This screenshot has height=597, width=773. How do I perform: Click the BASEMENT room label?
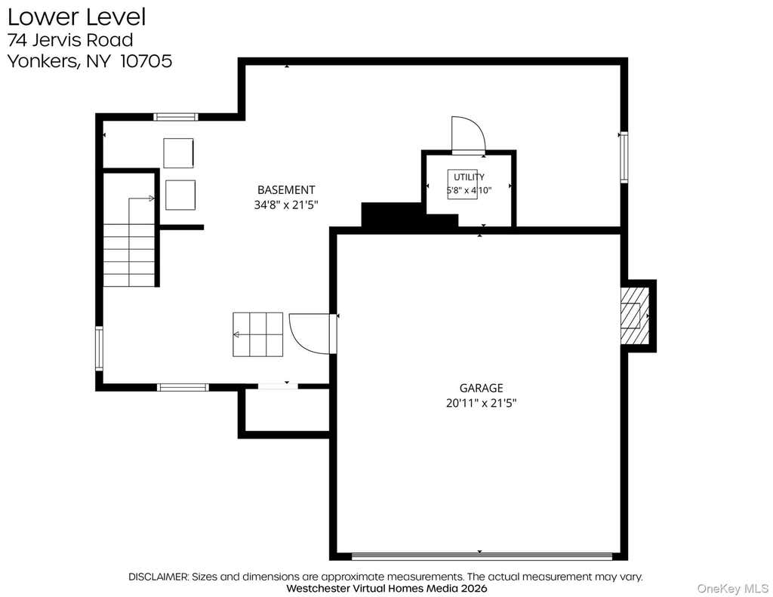[x=286, y=189]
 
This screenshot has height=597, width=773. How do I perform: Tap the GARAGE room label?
[x=481, y=388]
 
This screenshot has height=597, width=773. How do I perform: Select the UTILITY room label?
[x=469, y=177]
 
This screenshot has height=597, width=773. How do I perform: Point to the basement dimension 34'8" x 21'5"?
[x=286, y=205]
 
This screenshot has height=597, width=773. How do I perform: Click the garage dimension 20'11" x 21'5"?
[x=481, y=403]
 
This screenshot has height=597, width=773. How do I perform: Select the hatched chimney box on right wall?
[x=634, y=315]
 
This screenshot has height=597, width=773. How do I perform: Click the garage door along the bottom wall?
[x=482, y=556]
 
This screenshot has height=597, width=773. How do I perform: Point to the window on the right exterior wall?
[x=624, y=157]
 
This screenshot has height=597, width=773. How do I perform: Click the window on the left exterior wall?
[x=99, y=348]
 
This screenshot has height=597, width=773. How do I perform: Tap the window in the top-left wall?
[x=175, y=117]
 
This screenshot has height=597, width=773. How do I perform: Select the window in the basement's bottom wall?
[x=183, y=387]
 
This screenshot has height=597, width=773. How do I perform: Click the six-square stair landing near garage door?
[x=258, y=334]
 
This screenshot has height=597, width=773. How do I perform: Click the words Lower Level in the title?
[x=76, y=17]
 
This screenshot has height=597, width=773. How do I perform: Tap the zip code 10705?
[x=146, y=61]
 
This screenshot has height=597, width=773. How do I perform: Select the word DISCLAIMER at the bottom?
[x=159, y=577]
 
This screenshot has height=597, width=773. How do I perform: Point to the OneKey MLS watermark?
[x=732, y=588]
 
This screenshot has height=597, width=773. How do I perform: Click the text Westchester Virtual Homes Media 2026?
[x=386, y=588]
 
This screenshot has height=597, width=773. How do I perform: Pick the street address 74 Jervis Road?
[x=70, y=39]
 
